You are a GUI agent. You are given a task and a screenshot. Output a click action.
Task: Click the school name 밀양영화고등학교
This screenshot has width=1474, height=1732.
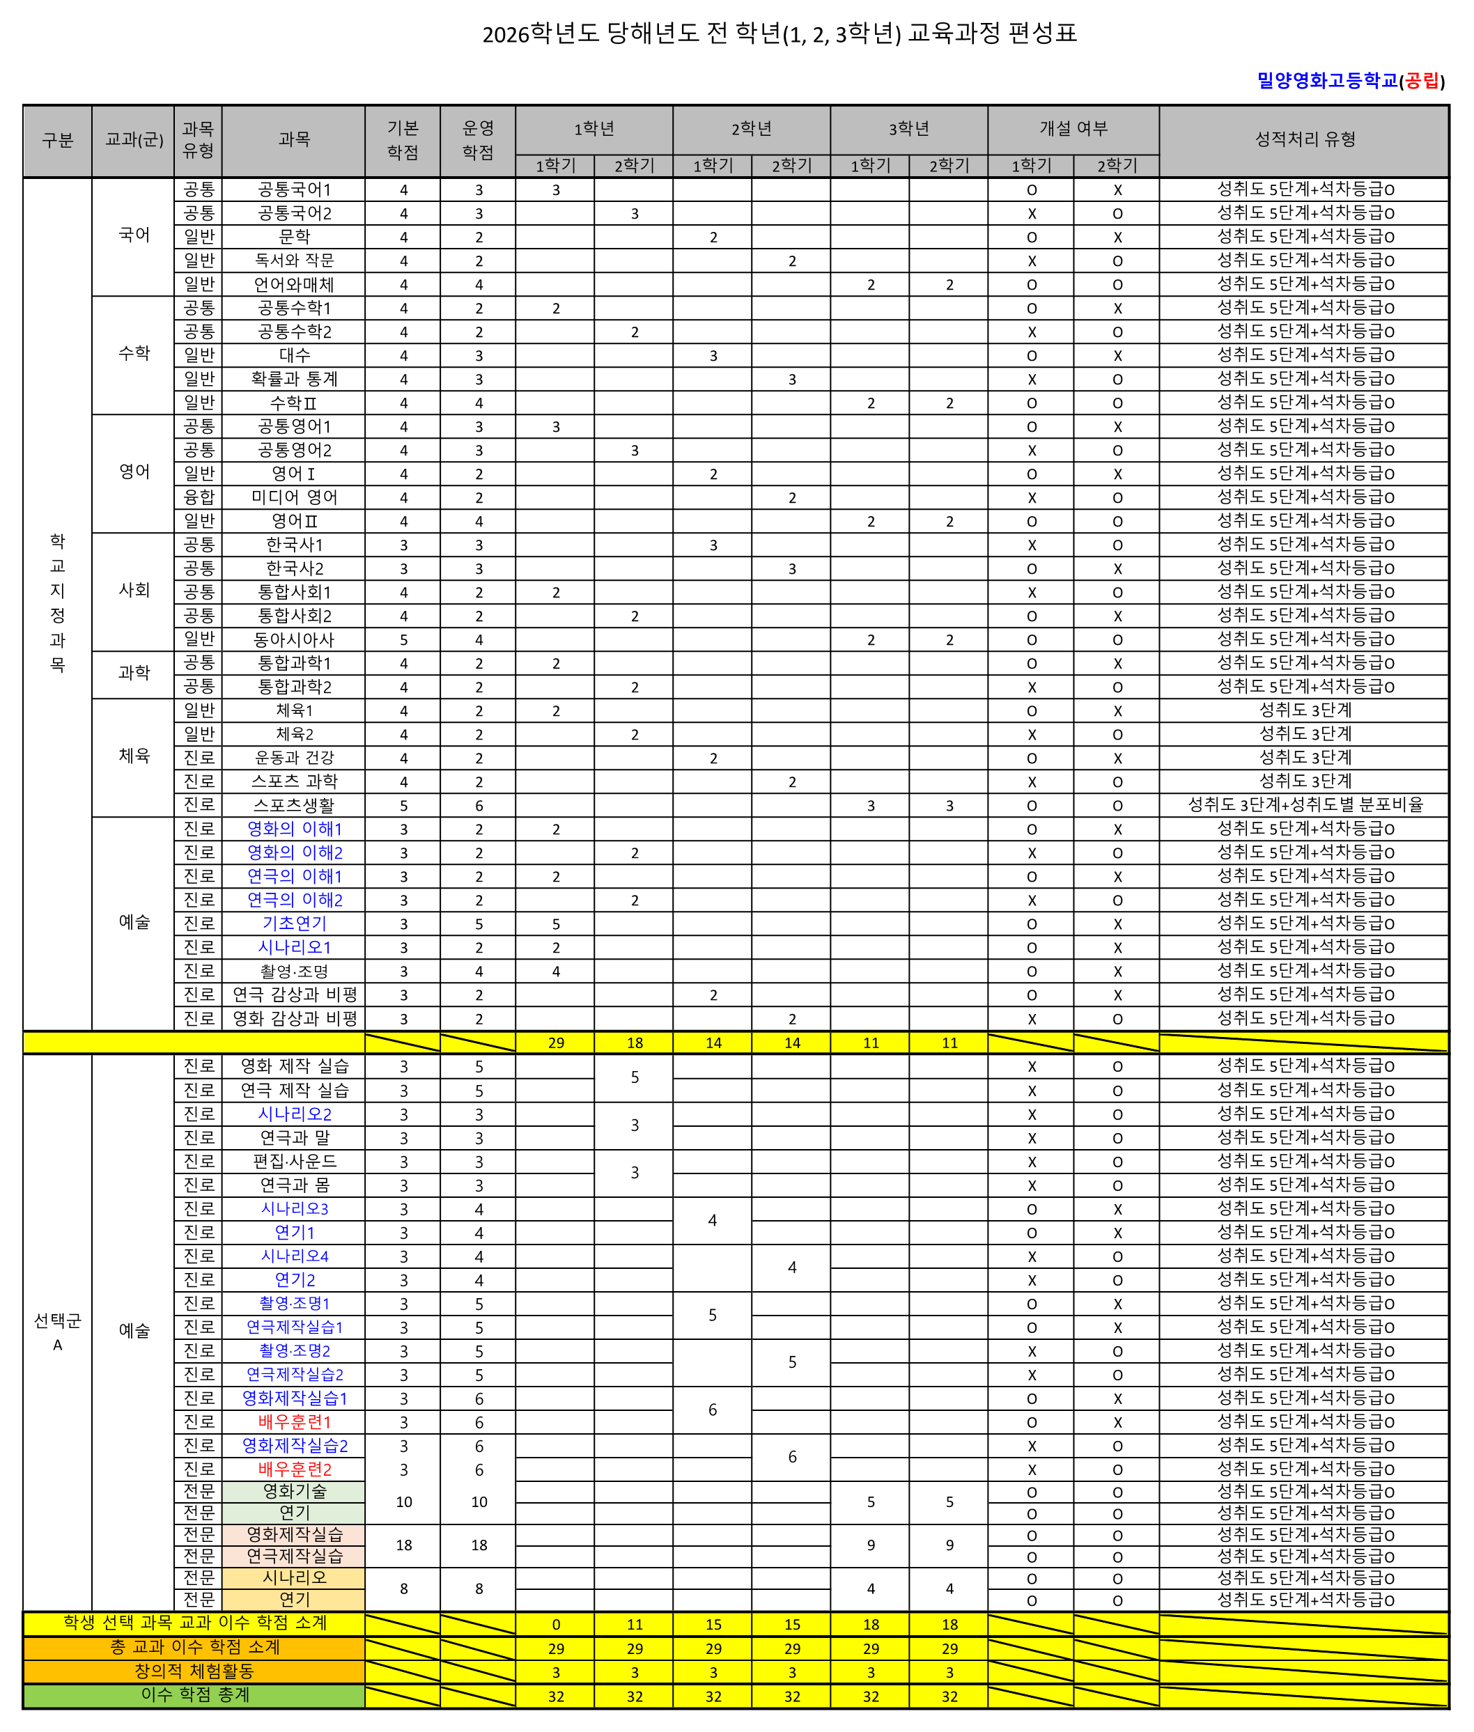click(x=1327, y=80)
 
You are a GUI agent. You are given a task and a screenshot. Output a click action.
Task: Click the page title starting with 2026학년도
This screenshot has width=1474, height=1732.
click(x=779, y=33)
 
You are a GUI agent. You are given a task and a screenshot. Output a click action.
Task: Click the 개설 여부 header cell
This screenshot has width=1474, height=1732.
click(x=1073, y=129)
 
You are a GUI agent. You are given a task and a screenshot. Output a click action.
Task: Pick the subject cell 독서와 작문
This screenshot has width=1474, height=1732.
click(x=294, y=260)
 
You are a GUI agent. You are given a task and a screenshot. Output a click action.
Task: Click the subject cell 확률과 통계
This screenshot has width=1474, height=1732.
click(x=294, y=380)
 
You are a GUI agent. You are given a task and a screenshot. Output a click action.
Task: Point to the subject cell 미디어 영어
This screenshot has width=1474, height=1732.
click(x=294, y=497)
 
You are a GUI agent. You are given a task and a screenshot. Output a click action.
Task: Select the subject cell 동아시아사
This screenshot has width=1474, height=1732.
click(x=294, y=640)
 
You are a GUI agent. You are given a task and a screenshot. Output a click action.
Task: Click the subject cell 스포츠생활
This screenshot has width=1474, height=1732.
click(x=294, y=806)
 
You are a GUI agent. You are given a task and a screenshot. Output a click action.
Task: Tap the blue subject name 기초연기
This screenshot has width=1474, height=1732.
click(x=294, y=923)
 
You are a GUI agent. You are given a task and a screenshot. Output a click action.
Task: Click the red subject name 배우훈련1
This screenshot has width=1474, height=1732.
click(x=294, y=1421)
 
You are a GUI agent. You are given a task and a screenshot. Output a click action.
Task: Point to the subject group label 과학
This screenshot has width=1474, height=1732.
click(x=134, y=673)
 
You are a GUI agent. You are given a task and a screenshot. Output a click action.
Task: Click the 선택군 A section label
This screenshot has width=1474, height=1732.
click(x=57, y=1332)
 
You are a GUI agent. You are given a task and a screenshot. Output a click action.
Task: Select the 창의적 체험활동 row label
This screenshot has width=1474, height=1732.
click(x=194, y=1671)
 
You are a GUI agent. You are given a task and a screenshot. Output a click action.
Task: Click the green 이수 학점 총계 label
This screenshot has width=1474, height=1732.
click(x=194, y=1695)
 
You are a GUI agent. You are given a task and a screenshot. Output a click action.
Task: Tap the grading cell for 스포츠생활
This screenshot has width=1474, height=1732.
click(x=1304, y=806)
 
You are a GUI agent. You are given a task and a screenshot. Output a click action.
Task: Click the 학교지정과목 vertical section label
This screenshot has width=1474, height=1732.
click(x=57, y=603)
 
